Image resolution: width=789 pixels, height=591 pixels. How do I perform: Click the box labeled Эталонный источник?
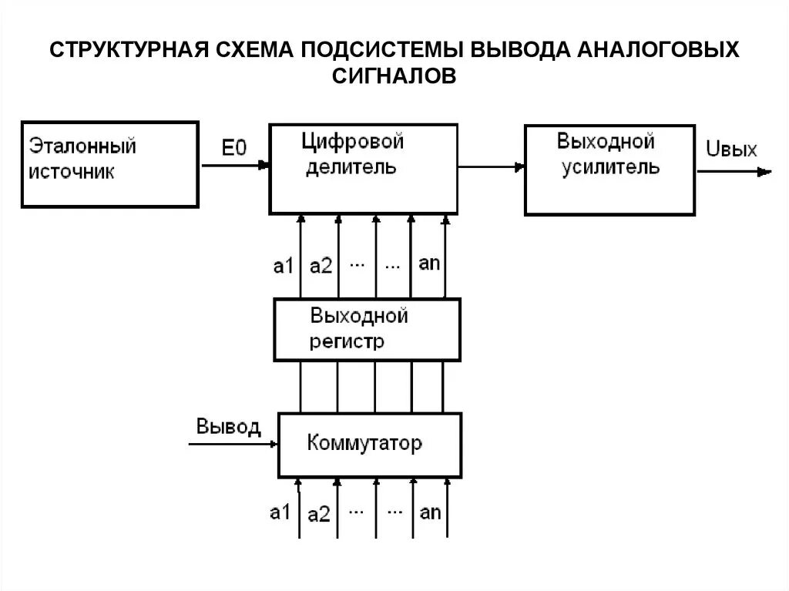tap(109, 163)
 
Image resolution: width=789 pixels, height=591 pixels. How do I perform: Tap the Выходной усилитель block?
tap(609, 169)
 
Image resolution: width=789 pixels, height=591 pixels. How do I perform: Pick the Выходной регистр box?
tap(368, 330)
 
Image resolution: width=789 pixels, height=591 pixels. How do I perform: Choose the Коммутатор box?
tap(370, 445)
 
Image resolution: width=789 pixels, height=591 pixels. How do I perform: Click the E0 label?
tap(233, 149)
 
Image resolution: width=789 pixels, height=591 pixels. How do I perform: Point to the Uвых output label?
tap(731, 149)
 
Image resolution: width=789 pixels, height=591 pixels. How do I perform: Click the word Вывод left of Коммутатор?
tap(228, 427)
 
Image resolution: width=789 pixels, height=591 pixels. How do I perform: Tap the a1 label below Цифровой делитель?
tap(284, 266)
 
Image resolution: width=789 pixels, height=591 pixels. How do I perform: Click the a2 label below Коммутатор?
tap(320, 514)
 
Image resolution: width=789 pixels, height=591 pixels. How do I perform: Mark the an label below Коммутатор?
tap(430, 511)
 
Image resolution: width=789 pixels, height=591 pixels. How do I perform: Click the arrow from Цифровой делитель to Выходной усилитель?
tap(492, 164)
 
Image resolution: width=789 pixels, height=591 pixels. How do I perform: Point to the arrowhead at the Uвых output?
tap(764, 173)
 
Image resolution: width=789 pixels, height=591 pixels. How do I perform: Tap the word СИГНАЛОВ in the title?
tap(394, 76)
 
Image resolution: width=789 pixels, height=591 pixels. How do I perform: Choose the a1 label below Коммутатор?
tap(280, 512)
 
